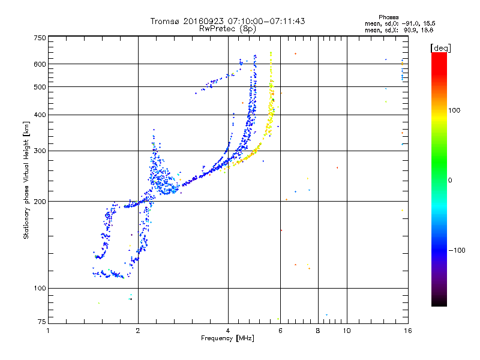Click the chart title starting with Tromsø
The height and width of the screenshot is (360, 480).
coord(227,21)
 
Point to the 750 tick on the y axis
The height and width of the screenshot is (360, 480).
coord(40,38)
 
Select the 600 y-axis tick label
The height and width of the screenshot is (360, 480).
coord(40,64)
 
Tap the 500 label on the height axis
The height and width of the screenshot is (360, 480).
coord(40,87)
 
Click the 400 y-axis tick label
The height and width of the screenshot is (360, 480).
coord(40,115)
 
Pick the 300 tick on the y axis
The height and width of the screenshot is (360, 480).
coord(40,151)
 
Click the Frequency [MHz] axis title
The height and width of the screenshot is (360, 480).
coord(227,339)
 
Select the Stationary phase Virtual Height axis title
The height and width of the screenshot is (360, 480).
coord(26,180)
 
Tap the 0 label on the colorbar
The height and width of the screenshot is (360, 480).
coord(449,180)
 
